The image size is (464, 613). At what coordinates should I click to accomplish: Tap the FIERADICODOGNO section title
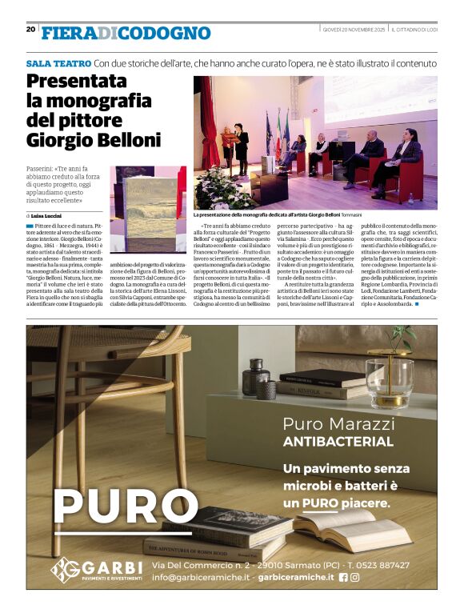(x=126, y=33)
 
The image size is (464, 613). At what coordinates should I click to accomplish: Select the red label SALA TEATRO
(x=58, y=62)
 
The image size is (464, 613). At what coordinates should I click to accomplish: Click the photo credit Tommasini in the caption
(x=351, y=214)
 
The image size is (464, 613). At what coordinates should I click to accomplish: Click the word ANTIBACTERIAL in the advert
(x=338, y=442)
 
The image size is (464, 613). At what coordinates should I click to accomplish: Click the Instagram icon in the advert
(x=354, y=576)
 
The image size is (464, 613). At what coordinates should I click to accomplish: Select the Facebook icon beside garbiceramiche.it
(x=343, y=576)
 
